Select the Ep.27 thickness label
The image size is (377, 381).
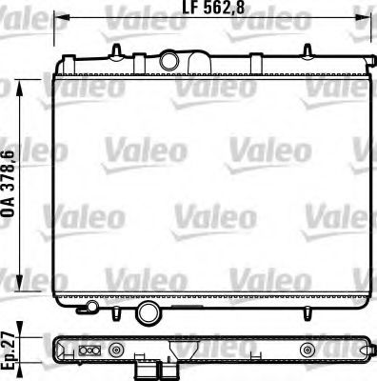9,348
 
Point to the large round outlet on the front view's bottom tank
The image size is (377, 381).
149,313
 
